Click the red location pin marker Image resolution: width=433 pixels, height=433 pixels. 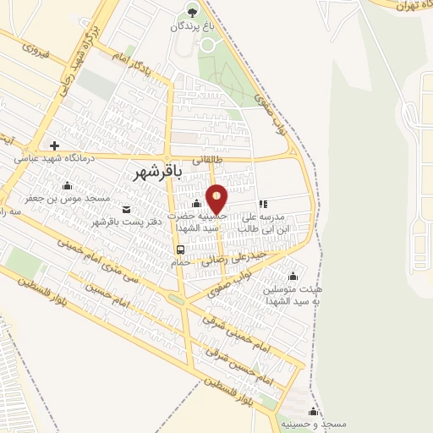(x=216, y=200)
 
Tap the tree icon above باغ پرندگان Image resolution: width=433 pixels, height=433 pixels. (x=191, y=12)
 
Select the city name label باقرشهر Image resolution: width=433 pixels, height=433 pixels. (x=158, y=172)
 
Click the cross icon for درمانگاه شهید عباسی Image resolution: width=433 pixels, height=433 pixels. (x=54, y=145)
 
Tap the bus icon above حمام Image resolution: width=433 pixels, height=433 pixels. (x=180, y=249)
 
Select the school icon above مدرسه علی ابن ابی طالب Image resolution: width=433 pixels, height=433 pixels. (x=264, y=204)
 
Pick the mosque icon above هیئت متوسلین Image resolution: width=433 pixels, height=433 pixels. (x=293, y=276)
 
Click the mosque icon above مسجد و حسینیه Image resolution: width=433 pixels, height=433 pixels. (x=313, y=411)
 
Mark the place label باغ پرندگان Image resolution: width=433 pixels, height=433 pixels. (x=189, y=27)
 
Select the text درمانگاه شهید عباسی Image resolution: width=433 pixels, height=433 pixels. (x=57, y=157)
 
